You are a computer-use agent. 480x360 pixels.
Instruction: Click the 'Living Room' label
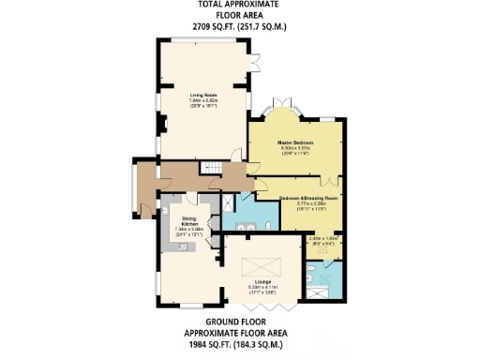pyautogui.click(x=203, y=95)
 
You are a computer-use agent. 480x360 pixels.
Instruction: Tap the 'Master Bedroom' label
pyautogui.click(x=294, y=142)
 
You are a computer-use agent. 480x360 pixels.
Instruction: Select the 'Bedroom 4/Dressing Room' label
pyautogui.click(x=309, y=199)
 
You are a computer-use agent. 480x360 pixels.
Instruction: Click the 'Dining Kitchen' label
pyautogui.click(x=188, y=221)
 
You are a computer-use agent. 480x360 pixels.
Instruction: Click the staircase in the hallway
pyautogui.click(x=216, y=168)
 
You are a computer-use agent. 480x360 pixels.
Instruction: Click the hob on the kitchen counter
pyautogui.click(x=184, y=246)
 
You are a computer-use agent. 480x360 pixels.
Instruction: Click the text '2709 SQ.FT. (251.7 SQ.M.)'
pyautogui.click(x=239, y=26)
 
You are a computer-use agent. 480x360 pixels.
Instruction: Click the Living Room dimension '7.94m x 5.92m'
pyautogui.click(x=203, y=100)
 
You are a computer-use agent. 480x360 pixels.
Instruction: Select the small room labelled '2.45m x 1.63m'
pyautogui.click(x=322, y=242)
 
